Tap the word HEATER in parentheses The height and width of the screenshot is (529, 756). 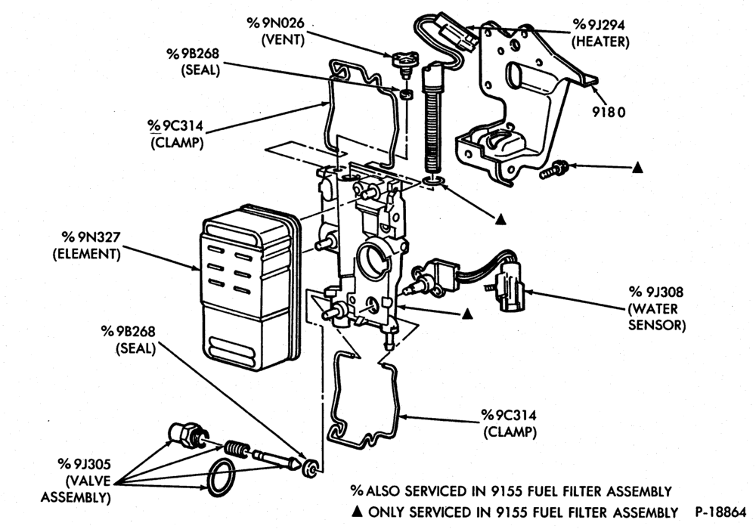[x=600, y=42]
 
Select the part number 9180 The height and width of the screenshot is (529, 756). [x=609, y=113]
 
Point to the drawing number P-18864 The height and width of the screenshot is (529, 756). [x=720, y=512]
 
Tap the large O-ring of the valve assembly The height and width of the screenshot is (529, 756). [x=222, y=477]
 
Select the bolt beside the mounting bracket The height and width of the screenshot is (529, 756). [x=553, y=169]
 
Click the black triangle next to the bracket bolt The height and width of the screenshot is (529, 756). [x=637, y=168]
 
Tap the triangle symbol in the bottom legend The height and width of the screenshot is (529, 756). [x=358, y=512]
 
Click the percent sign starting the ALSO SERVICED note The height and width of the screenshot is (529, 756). [x=357, y=491]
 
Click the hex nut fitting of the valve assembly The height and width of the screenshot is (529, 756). [x=187, y=434]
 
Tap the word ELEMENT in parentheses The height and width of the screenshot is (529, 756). [x=87, y=254]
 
